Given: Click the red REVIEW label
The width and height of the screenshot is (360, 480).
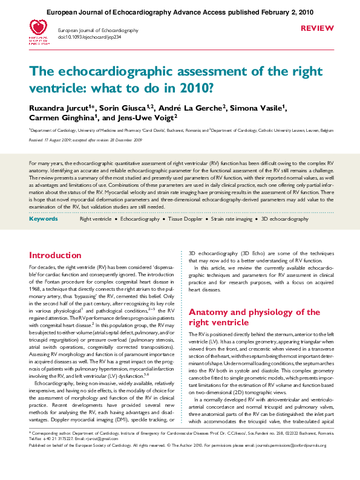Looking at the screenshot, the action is (316, 28).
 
